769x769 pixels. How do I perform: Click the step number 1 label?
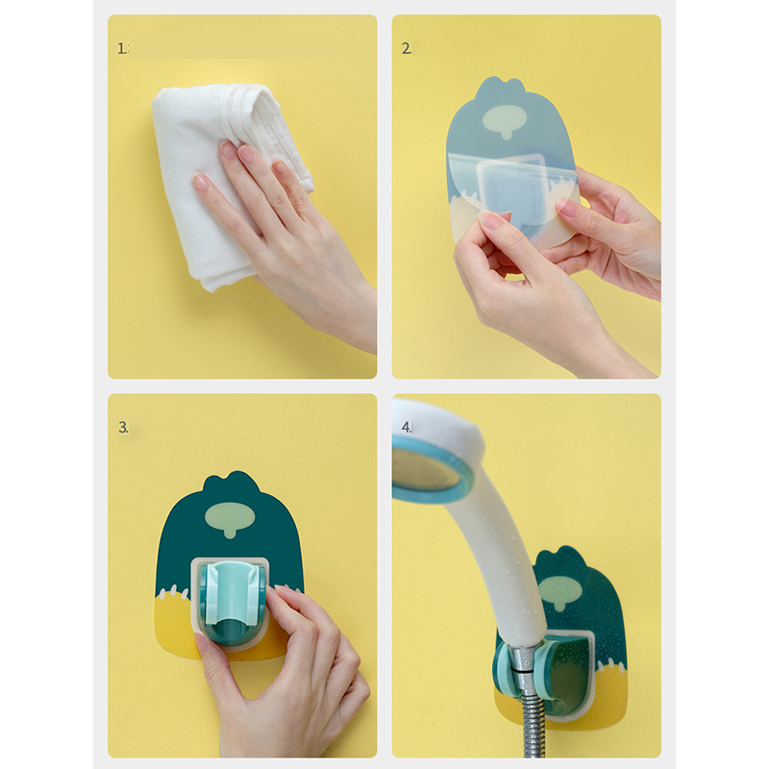[122, 49]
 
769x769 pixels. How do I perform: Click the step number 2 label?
[407, 49]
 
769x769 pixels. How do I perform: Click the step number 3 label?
[123, 427]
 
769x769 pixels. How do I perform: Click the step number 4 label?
[407, 427]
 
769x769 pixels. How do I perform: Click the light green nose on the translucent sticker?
[505, 121]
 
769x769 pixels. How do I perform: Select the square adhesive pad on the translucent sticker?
[510, 191]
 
